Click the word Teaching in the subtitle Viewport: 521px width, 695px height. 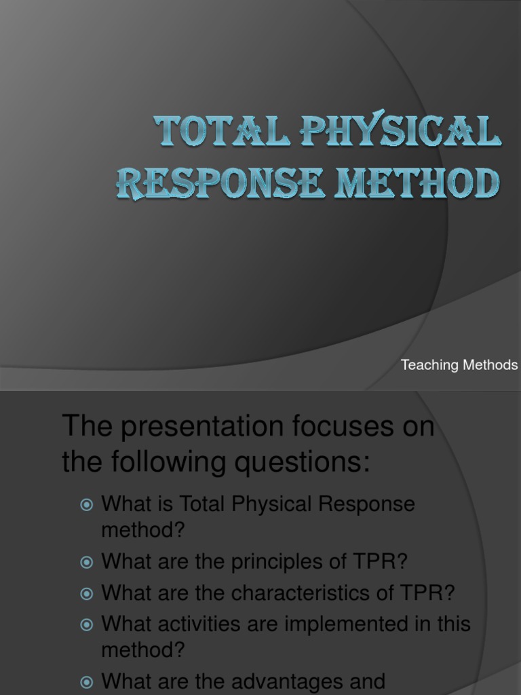coord(429,365)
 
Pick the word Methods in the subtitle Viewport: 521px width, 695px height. coord(490,365)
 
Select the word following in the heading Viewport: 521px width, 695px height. coord(160,463)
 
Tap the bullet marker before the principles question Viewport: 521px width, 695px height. coord(86,563)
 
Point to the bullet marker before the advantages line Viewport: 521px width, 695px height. coord(86,681)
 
